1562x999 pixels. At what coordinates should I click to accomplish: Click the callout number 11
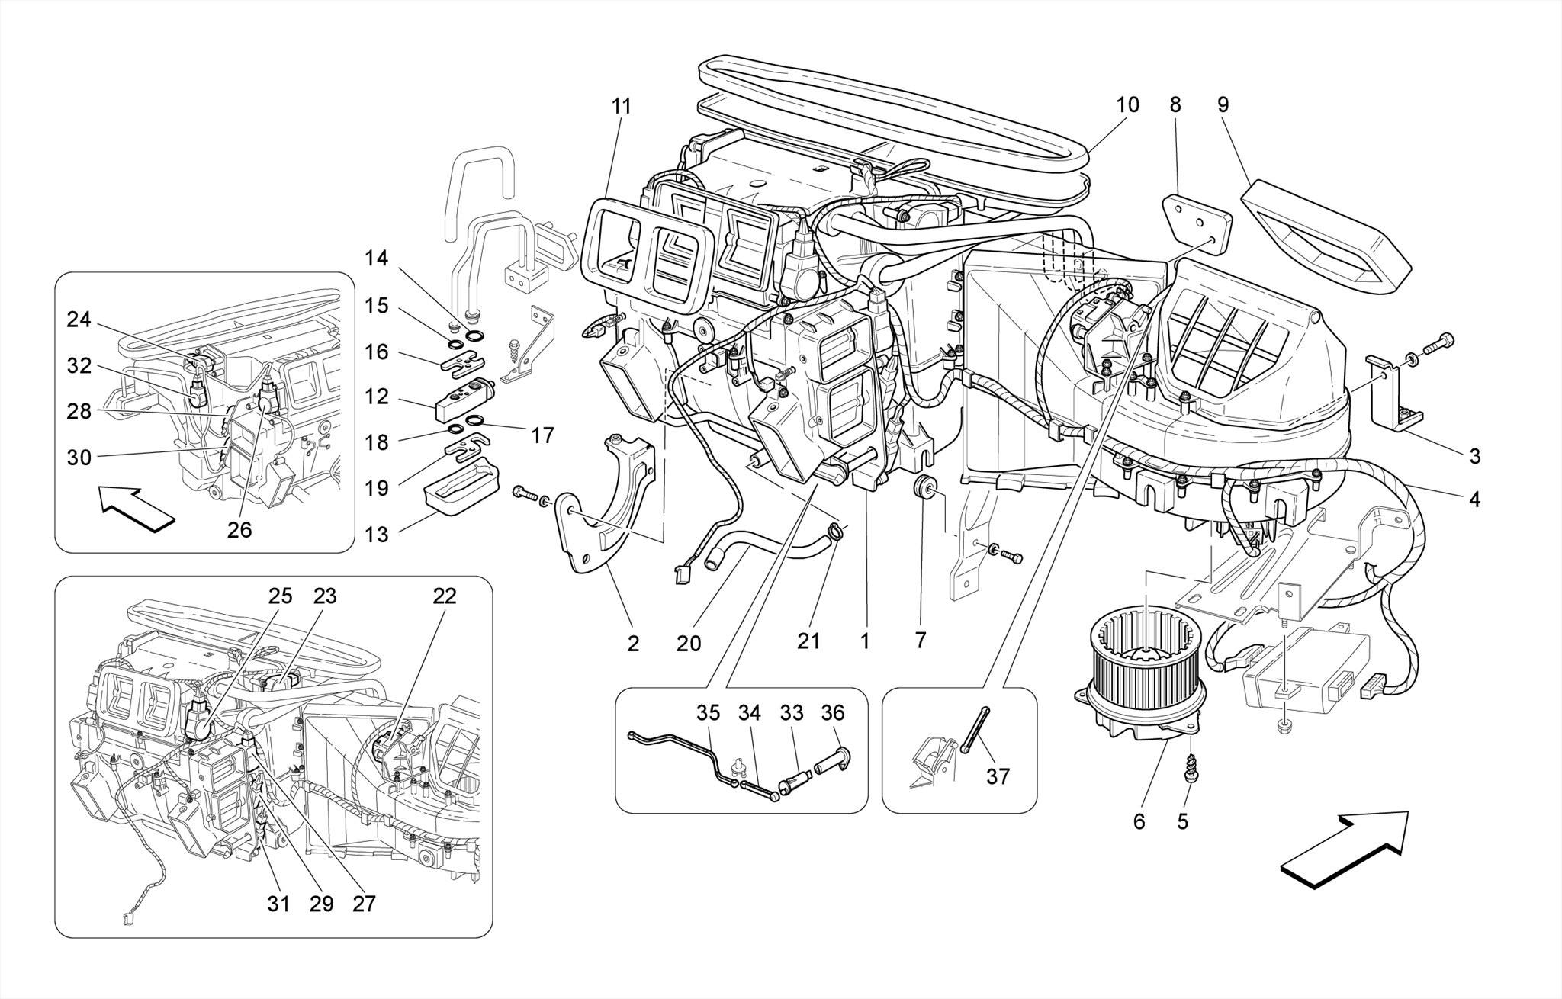[622, 106]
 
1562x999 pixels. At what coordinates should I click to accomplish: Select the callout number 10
[1127, 104]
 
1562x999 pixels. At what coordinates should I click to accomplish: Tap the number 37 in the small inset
[998, 776]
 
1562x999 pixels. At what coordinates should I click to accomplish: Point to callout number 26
[239, 529]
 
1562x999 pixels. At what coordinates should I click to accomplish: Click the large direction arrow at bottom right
[1344, 848]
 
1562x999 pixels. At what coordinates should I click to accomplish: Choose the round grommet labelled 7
[924, 487]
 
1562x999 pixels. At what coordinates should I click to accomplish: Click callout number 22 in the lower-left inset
[445, 596]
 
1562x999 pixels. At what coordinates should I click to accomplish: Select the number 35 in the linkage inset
[708, 713]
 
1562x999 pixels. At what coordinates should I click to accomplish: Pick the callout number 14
[376, 259]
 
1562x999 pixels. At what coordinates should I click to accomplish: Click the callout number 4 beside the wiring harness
[1474, 499]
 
